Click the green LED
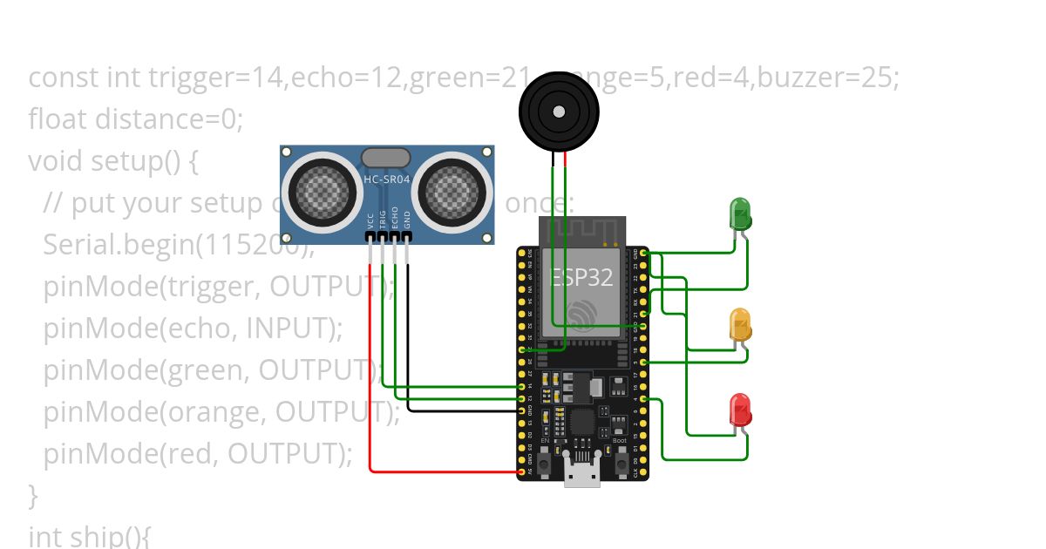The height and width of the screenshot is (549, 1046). coord(740,214)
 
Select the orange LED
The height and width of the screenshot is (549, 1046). coord(740,324)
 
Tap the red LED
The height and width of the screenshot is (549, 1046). coord(740,410)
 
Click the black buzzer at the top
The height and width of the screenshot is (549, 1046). coord(558,112)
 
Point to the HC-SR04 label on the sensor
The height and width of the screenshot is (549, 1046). coord(385,179)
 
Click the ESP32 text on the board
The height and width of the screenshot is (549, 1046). coord(582,277)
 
